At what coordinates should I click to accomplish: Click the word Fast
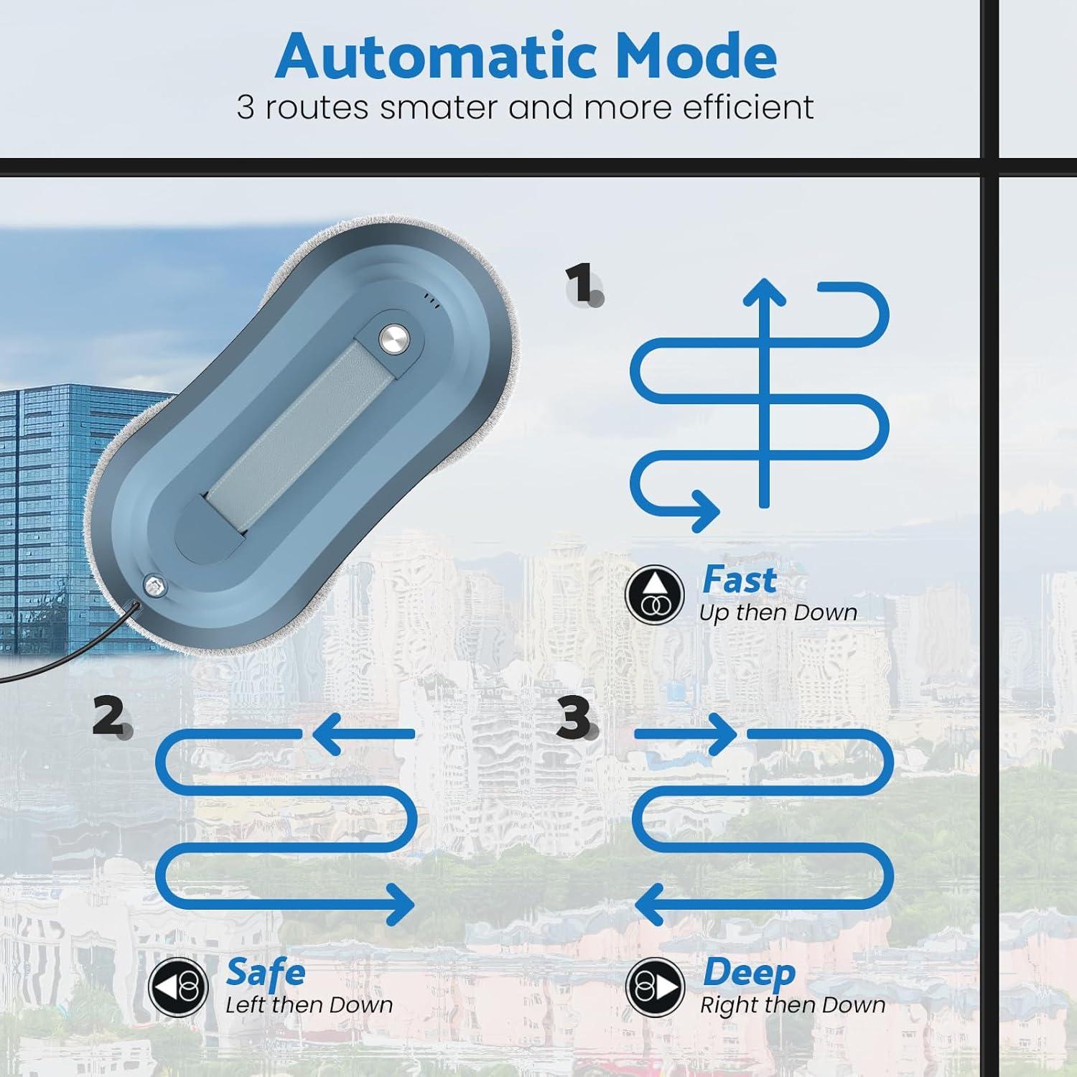point(739,580)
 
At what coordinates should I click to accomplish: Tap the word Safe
point(266,973)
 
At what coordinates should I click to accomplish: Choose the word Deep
point(749,973)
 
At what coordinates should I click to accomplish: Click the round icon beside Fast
point(653,595)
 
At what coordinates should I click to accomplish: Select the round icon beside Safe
point(178,987)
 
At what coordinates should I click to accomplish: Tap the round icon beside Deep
point(654,987)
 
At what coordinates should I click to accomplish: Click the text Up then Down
point(778,613)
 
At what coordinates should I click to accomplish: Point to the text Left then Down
point(309,1005)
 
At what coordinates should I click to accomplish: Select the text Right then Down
point(793,1005)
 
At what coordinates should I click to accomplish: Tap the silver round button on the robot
point(393,337)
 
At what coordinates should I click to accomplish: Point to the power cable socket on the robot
point(152,586)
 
